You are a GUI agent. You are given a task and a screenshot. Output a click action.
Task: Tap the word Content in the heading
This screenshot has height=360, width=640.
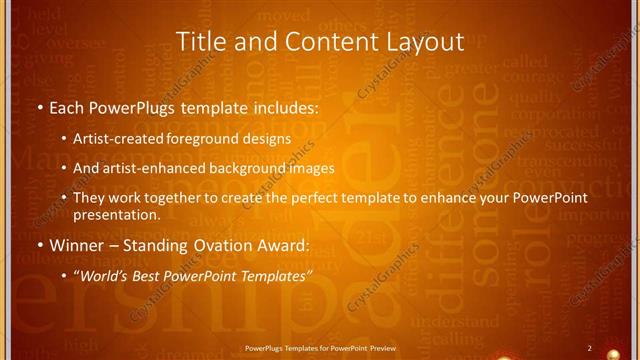[x=314, y=42]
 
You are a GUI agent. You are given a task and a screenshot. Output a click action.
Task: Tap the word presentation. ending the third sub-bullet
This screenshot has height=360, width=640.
[x=116, y=214]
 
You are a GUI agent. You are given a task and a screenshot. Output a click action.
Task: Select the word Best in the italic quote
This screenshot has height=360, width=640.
[x=164, y=275]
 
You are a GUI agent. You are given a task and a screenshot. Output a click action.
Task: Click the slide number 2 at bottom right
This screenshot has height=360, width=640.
[x=589, y=348]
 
